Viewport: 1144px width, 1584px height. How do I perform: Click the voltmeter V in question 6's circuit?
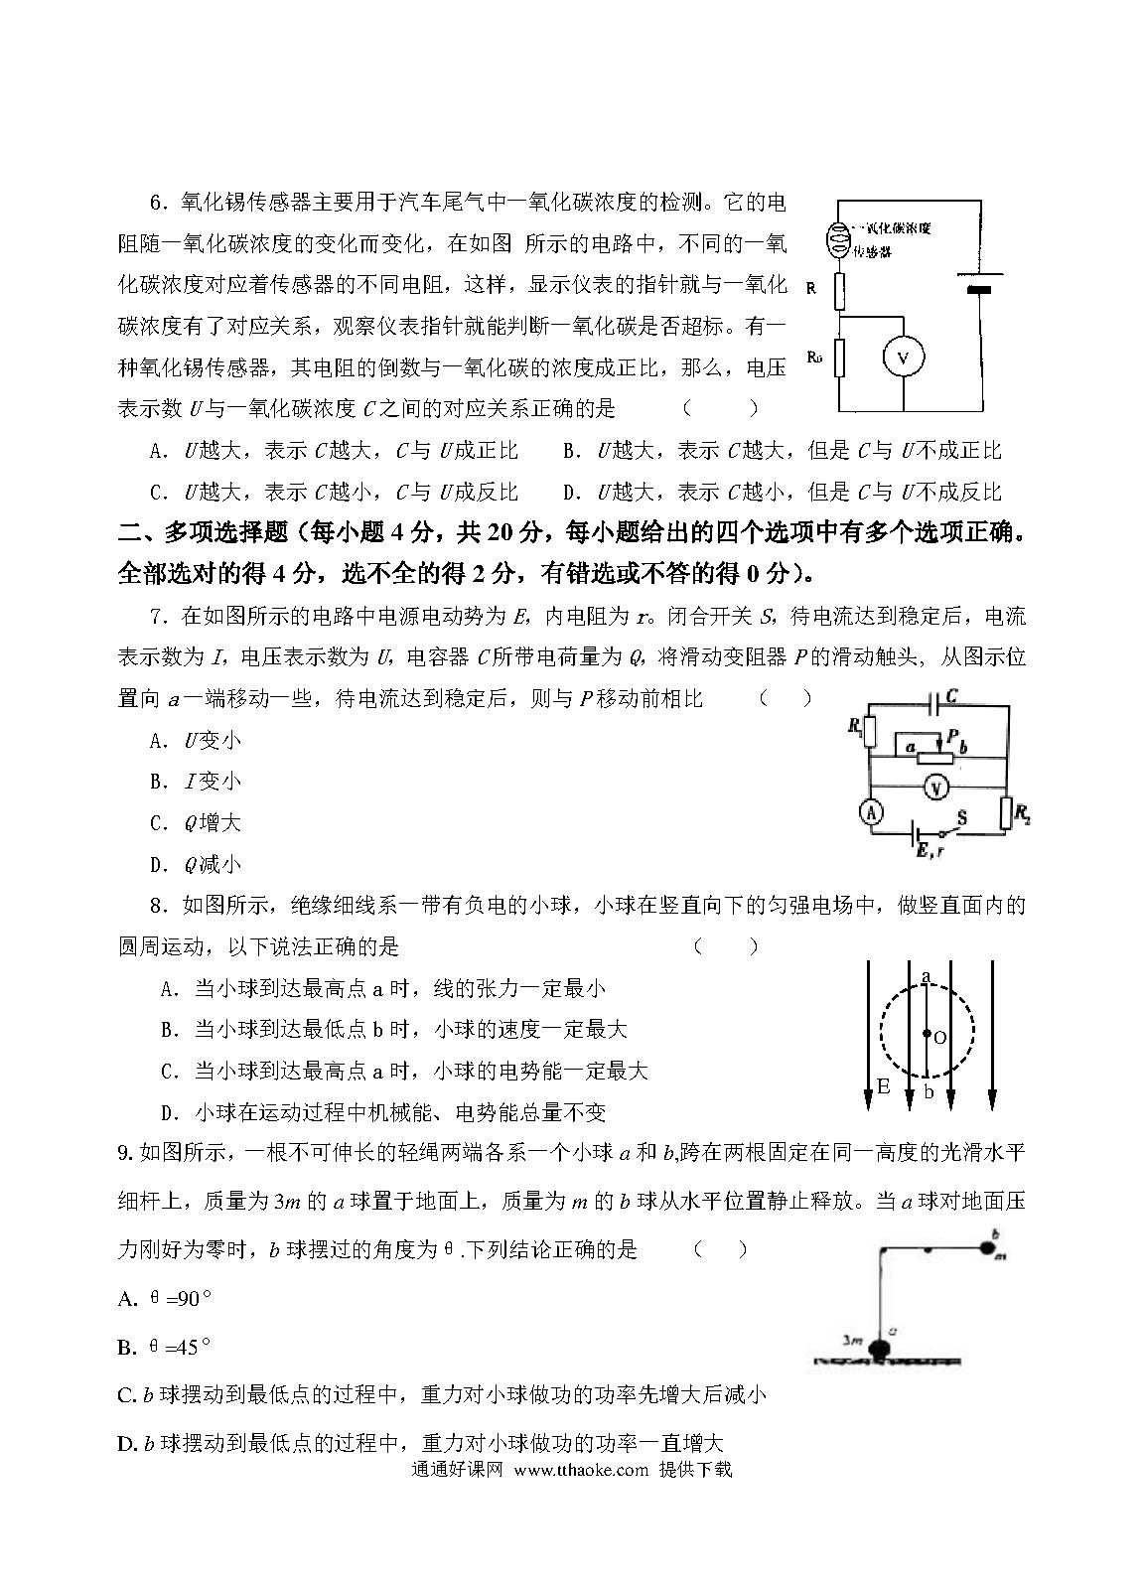coord(903,357)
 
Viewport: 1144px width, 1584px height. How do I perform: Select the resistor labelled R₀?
coord(840,358)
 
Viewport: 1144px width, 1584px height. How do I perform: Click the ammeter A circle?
coord(871,813)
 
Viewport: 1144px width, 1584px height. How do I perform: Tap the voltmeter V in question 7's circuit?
coord(932,787)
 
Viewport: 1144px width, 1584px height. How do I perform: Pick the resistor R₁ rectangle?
coord(870,731)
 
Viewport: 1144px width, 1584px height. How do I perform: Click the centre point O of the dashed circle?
coord(927,1035)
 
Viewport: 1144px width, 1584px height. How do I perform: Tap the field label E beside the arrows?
coord(883,1086)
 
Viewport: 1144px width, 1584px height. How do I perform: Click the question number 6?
coord(156,203)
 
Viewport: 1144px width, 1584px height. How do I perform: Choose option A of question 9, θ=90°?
coord(165,1298)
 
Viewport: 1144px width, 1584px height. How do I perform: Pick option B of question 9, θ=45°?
coord(165,1347)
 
